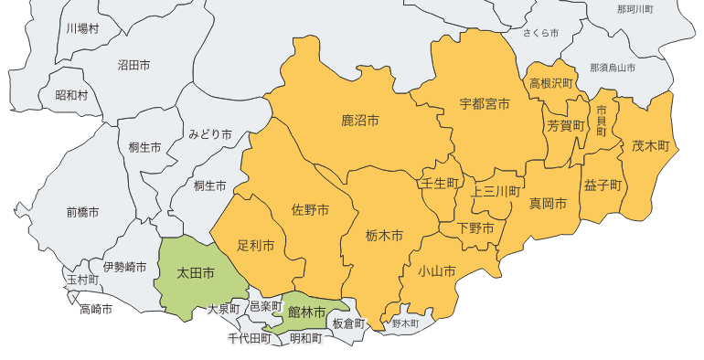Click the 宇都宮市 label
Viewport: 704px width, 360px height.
[485, 104]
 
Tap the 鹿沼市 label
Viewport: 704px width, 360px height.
[360, 121]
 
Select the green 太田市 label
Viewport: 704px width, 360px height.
[196, 273]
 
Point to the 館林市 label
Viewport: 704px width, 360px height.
[306, 312]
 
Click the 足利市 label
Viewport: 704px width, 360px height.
[256, 246]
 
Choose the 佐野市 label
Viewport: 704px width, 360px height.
[310, 210]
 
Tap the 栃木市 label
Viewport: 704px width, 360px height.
[384, 236]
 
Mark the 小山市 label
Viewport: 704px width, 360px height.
[436, 270]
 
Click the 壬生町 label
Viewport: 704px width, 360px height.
[439, 184]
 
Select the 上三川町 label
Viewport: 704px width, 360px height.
[495, 192]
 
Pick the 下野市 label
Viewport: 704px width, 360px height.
[475, 227]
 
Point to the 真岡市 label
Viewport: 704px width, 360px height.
[549, 203]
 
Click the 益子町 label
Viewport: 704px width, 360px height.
[603, 185]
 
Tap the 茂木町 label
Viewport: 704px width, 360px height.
[651, 145]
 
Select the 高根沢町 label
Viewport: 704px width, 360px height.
[550, 83]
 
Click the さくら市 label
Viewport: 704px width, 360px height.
[540, 33]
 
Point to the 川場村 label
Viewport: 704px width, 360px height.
[82, 28]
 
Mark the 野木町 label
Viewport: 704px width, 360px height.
[405, 323]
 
